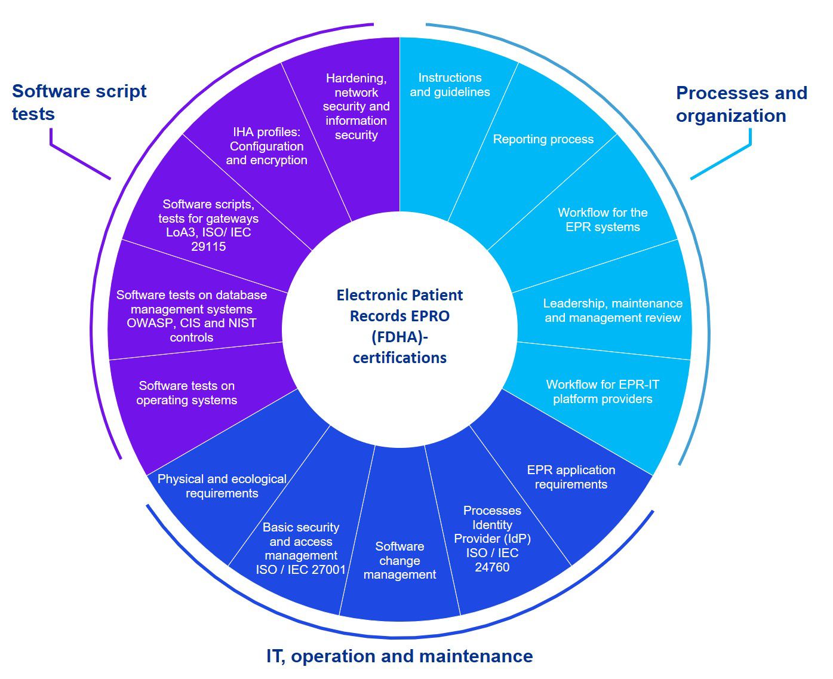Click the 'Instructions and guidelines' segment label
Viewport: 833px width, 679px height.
click(450, 85)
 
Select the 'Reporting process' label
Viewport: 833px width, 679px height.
click(543, 139)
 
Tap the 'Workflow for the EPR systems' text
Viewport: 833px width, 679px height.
click(603, 220)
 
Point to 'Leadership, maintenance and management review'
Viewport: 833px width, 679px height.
click(613, 311)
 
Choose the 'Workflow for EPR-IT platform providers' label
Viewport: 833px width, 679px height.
click(603, 392)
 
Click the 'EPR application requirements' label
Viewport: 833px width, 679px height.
click(571, 477)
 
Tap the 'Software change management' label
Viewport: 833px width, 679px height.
click(399, 560)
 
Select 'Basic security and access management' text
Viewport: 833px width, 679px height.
click(301, 548)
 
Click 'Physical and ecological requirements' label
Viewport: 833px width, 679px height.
click(222, 486)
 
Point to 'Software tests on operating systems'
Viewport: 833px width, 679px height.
click(186, 393)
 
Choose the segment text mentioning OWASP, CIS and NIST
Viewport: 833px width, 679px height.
click(192, 316)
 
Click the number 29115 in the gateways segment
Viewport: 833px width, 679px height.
click(208, 247)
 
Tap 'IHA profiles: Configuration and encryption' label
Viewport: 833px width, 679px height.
click(266, 146)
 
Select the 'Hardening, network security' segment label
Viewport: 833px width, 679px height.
click(356, 106)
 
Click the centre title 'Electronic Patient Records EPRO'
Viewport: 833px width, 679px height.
click(399, 305)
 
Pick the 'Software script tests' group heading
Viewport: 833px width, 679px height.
click(79, 102)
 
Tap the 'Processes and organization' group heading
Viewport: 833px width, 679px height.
click(741, 104)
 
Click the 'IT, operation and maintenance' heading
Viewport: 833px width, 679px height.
click(399, 656)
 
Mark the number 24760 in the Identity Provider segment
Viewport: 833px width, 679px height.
click(492, 567)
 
